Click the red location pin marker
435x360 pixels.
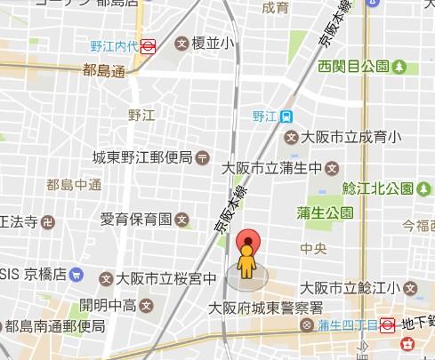point(248,241)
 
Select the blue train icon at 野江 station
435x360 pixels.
point(286,116)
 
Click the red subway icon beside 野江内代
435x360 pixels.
point(149,43)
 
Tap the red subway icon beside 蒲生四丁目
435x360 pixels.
point(387,325)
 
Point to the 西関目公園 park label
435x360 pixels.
point(354,66)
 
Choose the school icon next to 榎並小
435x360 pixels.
point(182,43)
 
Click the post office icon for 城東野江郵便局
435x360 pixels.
point(203,157)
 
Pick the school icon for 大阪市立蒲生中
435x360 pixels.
point(332,166)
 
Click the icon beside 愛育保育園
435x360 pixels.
point(182,218)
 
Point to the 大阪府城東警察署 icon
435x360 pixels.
point(307,325)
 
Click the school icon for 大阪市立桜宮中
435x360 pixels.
point(106,278)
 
